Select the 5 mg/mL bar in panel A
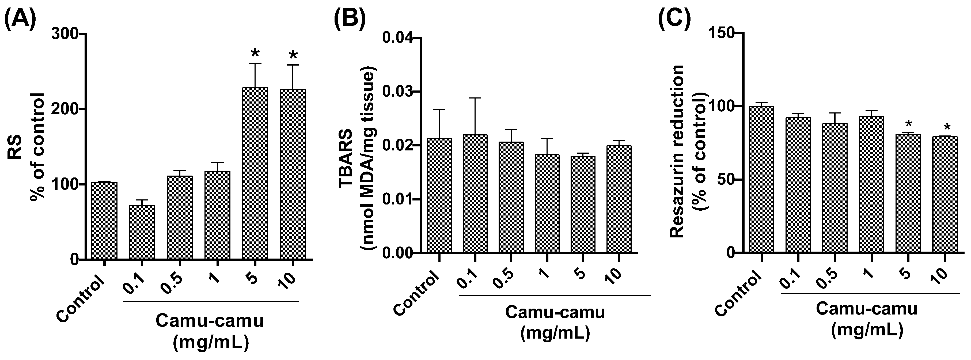[x=255, y=173]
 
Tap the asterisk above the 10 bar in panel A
[x=293, y=56]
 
